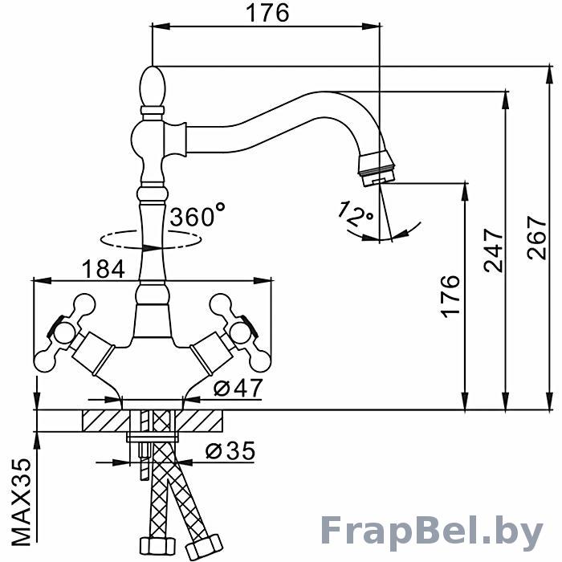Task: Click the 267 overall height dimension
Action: click(536, 238)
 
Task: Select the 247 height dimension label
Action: click(494, 250)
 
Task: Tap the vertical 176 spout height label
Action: click(450, 296)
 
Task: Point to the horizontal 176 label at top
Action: click(267, 14)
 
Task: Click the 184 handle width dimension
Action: click(104, 269)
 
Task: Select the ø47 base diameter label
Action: click(238, 388)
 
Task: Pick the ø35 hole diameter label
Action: click(230, 450)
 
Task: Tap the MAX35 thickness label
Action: click(22, 502)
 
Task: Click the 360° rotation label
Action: click(198, 215)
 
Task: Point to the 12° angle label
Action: click(355, 214)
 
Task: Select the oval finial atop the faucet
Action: click(153, 87)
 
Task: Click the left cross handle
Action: click(65, 332)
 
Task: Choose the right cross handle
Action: click(239, 332)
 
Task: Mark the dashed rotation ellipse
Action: click(150, 239)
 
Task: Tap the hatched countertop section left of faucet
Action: click(106, 421)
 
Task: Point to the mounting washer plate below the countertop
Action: click(153, 437)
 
